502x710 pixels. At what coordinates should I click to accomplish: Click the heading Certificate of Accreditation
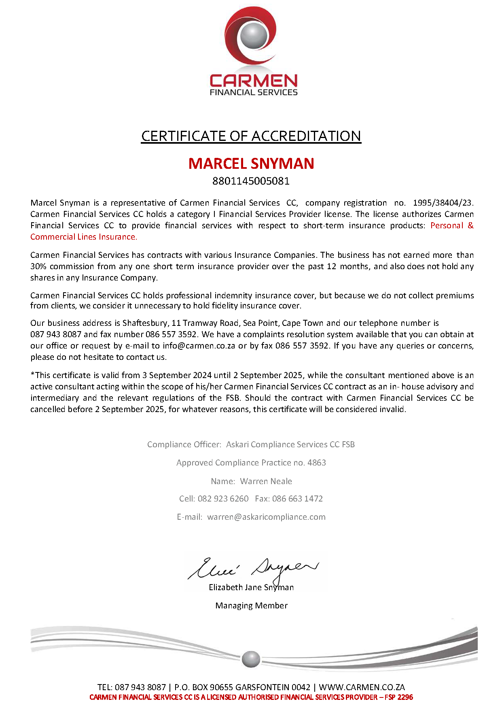[x=251, y=136]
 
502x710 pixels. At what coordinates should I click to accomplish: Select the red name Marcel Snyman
[x=251, y=164]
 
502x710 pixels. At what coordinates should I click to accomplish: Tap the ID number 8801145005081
[x=251, y=181]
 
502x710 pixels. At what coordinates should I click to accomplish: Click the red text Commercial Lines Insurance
[x=84, y=237]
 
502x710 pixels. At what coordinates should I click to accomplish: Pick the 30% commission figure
[x=39, y=266]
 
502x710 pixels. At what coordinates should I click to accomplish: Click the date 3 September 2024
[x=174, y=375]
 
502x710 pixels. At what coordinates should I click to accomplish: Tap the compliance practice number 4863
[x=317, y=463]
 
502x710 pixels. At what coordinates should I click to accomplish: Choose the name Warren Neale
[x=266, y=481]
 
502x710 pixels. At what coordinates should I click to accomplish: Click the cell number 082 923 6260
[x=223, y=499]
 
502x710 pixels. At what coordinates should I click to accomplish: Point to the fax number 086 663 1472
[x=297, y=499]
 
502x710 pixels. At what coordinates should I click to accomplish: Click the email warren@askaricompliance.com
[x=266, y=517]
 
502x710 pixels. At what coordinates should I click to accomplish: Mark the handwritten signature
[x=253, y=568]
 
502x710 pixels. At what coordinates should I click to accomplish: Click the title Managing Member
[x=251, y=606]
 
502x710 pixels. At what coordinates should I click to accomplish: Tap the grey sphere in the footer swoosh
[x=251, y=659]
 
